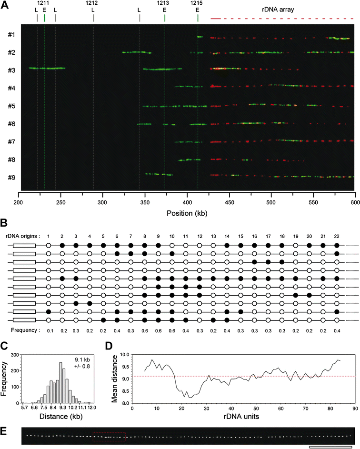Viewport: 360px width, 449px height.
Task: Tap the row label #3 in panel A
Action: tap(12, 70)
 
